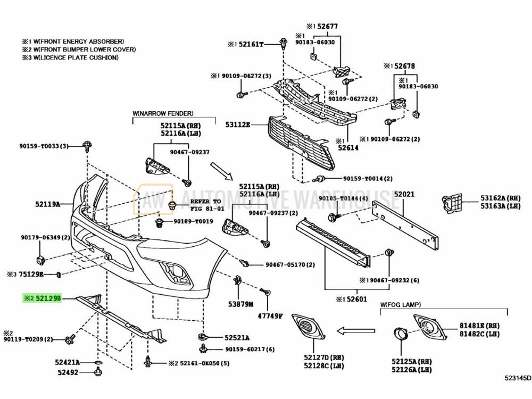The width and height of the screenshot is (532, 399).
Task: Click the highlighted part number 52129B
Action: point(48,299)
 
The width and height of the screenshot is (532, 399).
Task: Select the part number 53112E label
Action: point(237,125)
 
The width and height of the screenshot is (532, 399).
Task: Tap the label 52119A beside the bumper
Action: point(48,203)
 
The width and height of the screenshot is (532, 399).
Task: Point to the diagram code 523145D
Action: point(518,378)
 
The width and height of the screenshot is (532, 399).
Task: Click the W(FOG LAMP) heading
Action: point(400,304)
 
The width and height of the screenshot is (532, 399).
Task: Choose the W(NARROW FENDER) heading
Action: point(163,113)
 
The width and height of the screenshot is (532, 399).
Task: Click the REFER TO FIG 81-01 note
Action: point(202,205)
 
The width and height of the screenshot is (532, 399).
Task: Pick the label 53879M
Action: point(241,304)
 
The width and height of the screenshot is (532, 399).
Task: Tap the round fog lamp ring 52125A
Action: point(399,335)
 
